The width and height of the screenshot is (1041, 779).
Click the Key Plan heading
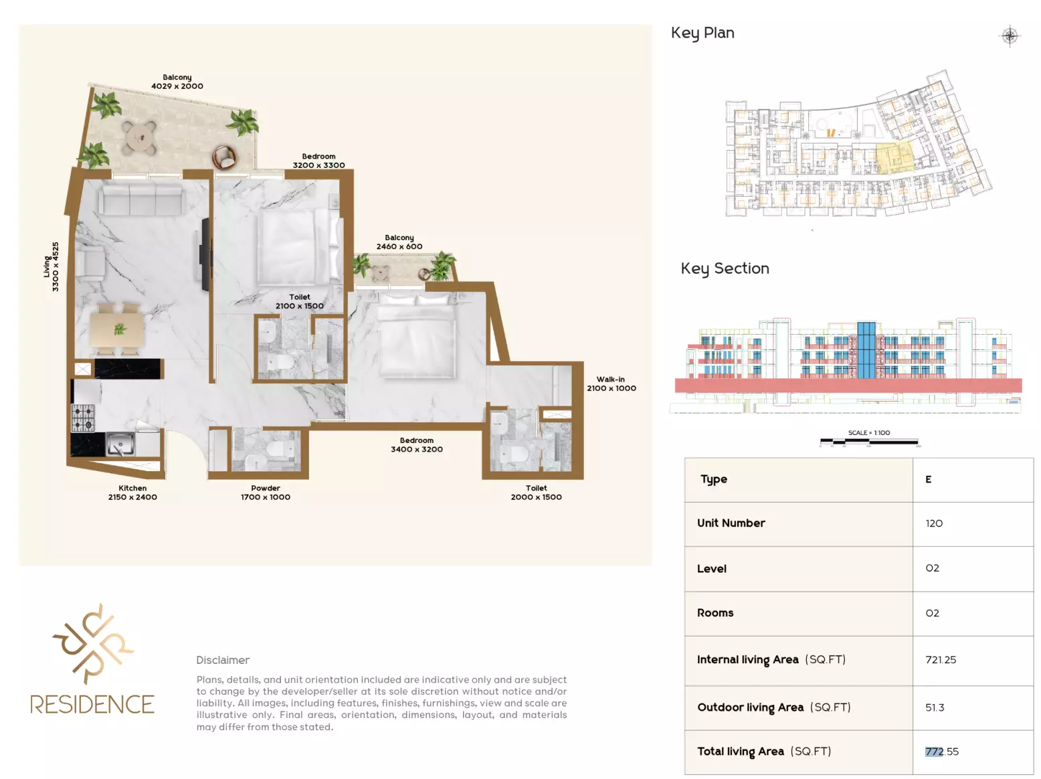(702, 33)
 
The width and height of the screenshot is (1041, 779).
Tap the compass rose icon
(1010, 35)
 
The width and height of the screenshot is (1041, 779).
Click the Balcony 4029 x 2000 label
(177, 82)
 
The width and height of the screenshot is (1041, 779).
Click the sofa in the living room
(140, 199)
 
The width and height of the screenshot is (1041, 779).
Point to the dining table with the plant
(116, 329)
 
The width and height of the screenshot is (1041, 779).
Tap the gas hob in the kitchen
(83, 418)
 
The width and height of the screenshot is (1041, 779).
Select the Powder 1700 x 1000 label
(265, 493)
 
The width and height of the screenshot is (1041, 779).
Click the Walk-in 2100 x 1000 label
(611, 383)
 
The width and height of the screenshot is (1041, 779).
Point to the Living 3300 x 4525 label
(52, 266)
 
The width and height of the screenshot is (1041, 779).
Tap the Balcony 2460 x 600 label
(399, 242)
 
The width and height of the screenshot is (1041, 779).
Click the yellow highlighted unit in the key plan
(894, 158)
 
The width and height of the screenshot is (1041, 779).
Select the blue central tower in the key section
(866, 350)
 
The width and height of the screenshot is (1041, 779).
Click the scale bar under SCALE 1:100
(869, 442)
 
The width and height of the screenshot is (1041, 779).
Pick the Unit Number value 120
(933, 523)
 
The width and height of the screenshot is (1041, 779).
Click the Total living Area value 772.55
(941, 752)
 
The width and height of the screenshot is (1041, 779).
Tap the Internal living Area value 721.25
(941, 659)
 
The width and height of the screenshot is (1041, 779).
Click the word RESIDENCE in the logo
(92, 704)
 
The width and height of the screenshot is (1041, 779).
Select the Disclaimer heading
(223, 660)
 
